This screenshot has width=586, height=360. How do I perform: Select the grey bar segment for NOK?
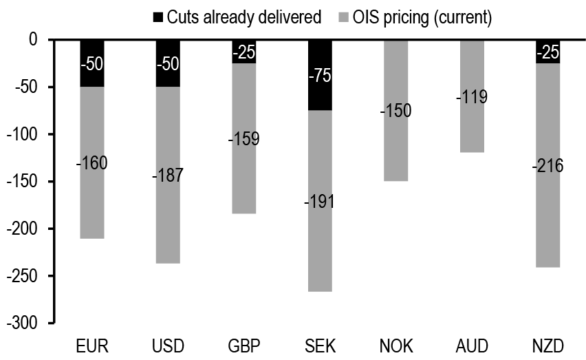[x=395, y=145]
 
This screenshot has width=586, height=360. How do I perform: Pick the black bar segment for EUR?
[x=93, y=63]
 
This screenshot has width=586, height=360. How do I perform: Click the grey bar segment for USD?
[x=169, y=207]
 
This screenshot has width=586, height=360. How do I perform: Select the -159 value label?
[x=243, y=139]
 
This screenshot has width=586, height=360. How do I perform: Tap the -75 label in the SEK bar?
[x=320, y=76]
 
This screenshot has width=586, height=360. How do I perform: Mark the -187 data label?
[x=169, y=175]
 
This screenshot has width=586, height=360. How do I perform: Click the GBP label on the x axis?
[x=243, y=345]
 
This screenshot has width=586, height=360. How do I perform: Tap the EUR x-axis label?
[x=93, y=345]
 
